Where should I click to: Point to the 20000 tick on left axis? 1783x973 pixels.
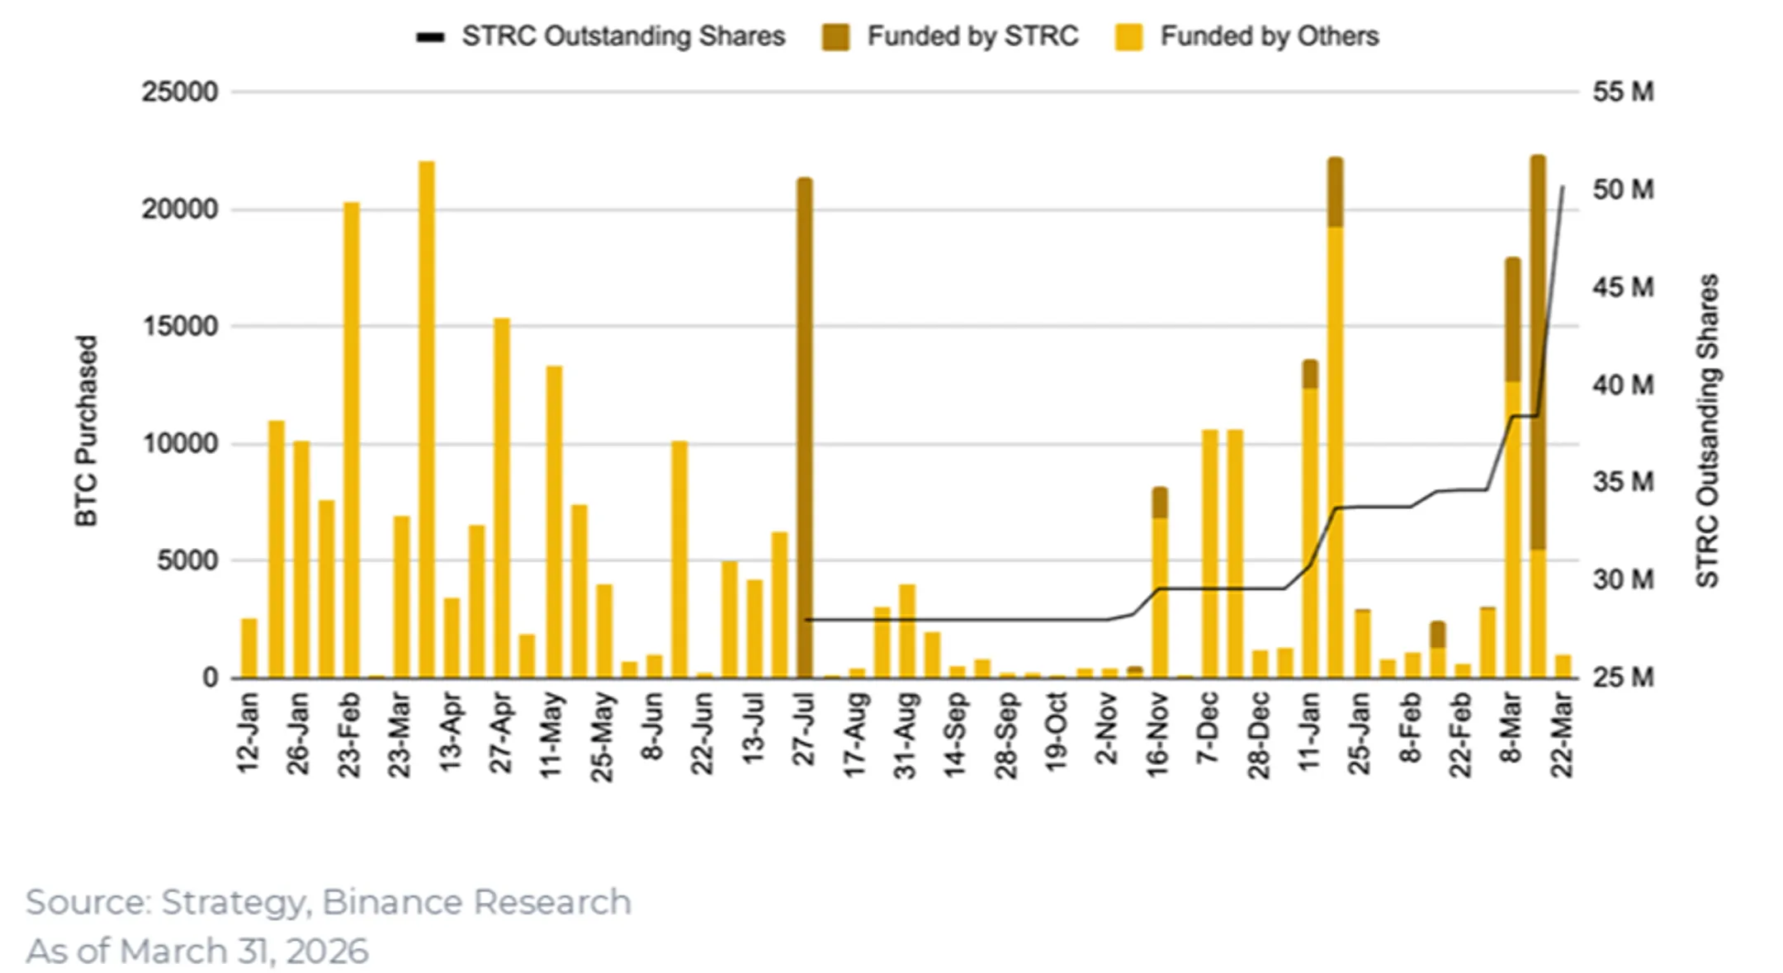click(180, 209)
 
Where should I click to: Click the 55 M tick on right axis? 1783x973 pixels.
click(1623, 92)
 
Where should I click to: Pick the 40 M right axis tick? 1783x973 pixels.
click(1623, 385)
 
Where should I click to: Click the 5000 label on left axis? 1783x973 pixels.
click(187, 561)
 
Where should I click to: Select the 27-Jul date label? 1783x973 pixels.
click(805, 730)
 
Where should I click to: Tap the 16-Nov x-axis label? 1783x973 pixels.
click(1158, 734)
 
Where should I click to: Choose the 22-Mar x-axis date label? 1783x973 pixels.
click(1562, 734)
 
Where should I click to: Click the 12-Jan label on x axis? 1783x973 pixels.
click(248, 733)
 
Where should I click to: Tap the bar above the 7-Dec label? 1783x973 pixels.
click(1209, 553)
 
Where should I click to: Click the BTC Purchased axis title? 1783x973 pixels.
click(87, 430)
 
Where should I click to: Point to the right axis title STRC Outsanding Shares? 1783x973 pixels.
click(1707, 430)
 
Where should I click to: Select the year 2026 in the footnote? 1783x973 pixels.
click(327, 951)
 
